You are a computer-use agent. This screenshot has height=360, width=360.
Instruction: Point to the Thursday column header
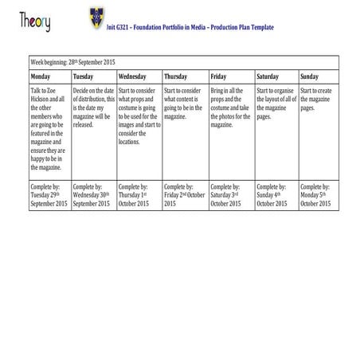tap(176, 76)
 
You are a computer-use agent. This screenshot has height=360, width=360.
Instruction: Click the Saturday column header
tap(269, 76)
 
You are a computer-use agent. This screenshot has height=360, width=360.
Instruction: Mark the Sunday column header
tap(310, 76)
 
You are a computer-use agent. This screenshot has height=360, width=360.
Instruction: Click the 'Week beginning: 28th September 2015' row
tap(72, 61)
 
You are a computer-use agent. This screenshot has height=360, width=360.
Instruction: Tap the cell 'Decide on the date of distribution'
tap(94, 108)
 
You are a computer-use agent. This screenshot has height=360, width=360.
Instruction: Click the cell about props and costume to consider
tap(139, 116)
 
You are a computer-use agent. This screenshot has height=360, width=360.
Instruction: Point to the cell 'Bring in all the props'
tap(231, 108)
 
